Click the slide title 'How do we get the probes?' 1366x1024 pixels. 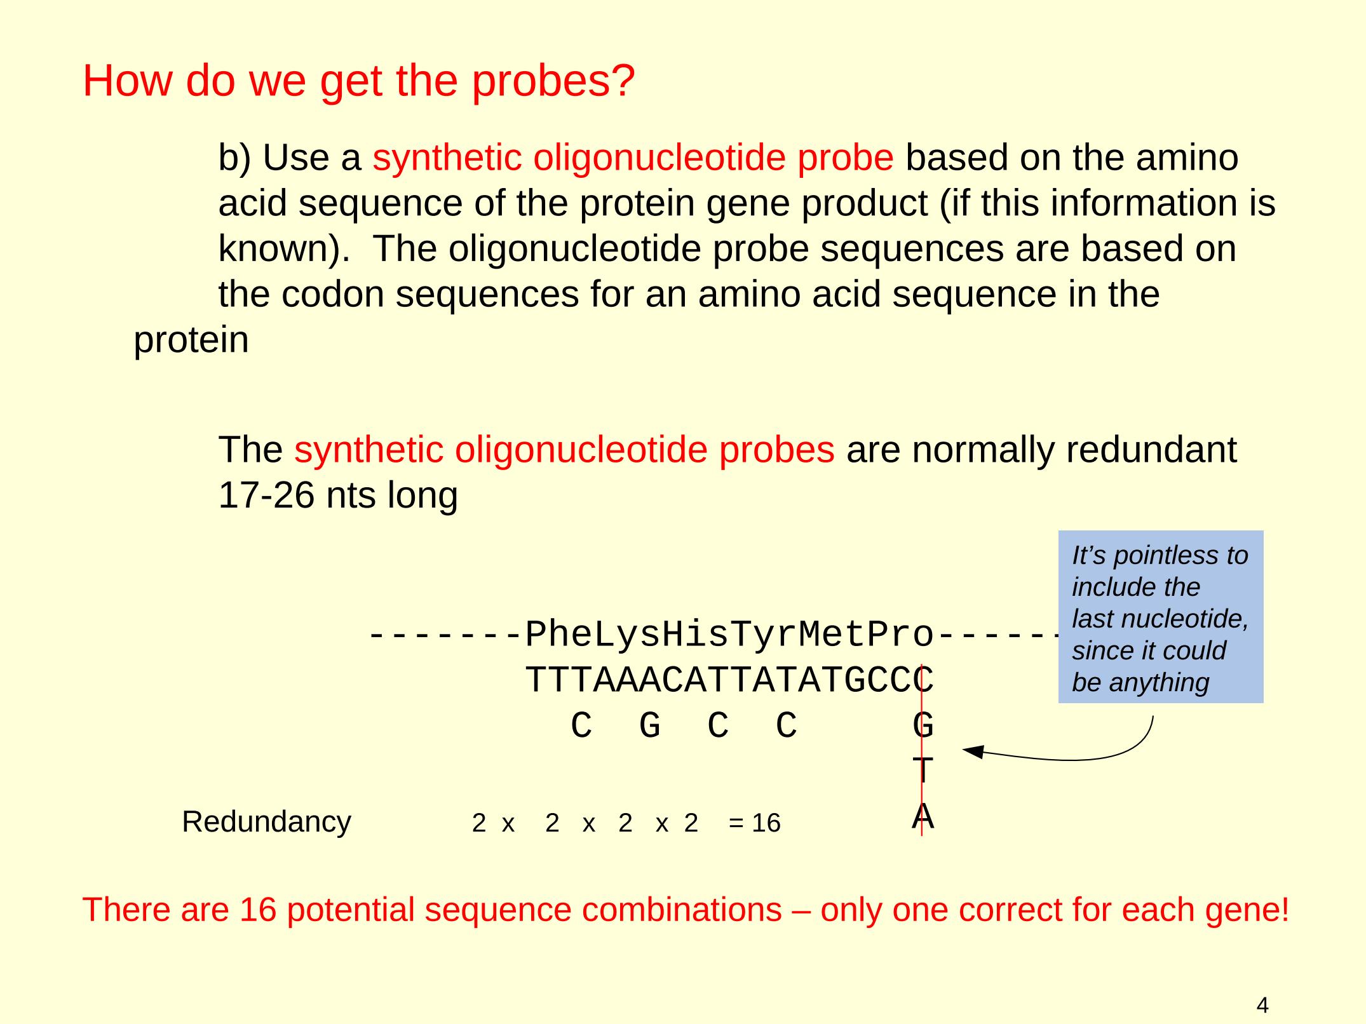click(359, 81)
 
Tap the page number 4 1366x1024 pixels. click(1262, 987)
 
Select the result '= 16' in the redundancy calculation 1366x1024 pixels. click(754, 823)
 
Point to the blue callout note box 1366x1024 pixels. click(1160, 617)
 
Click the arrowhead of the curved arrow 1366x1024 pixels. click(973, 751)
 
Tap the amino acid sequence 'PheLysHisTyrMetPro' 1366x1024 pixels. click(729, 635)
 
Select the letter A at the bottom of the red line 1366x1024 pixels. click(923, 816)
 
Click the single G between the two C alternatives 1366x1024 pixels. click(649, 725)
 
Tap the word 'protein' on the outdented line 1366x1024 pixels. click(191, 340)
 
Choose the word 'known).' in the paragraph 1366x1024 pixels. click(284, 249)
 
